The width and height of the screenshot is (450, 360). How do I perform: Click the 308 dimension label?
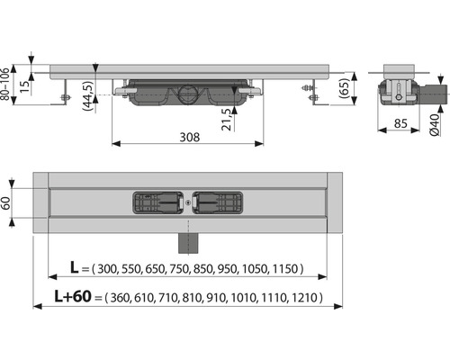(189, 138)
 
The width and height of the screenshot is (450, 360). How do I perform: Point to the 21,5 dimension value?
(228, 120)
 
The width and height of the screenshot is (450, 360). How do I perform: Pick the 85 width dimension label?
(400, 123)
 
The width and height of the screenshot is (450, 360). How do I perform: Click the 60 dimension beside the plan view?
(5, 203)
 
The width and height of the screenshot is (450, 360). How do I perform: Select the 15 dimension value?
(25, 86)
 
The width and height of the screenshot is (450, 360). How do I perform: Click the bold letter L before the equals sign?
(74, 267)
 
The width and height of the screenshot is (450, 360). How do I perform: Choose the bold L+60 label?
(73, 296)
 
